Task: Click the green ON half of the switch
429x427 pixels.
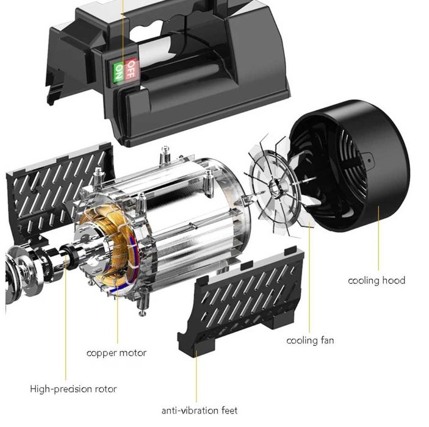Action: coord(119,72)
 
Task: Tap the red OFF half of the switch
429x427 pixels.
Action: coord(131,68)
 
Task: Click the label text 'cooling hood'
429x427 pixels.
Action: coord(377,281)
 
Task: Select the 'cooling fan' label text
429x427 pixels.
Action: coord(310,340)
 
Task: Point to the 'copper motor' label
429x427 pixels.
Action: coord(117,353)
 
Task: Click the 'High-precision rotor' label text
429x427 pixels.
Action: coord(73,389)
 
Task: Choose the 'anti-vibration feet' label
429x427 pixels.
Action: coord(200,411)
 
